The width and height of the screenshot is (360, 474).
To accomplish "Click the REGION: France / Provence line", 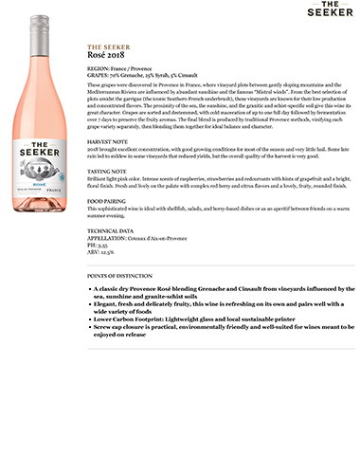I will (120, 69).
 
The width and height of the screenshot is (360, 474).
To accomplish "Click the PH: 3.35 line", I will (97, 245).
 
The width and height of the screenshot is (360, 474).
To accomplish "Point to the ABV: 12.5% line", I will (99, 252).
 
